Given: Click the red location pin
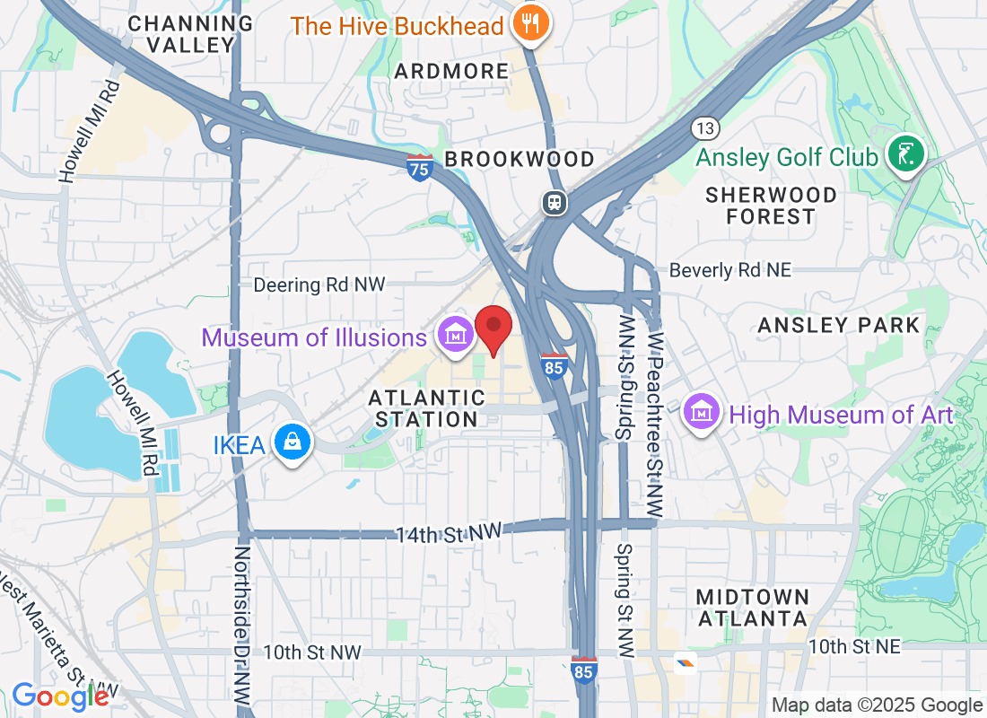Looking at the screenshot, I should point(493,328).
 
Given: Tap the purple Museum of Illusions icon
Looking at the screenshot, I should point(455,335).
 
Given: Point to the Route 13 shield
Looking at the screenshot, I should point(704,127).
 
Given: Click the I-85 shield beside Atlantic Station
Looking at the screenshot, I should point(554,365).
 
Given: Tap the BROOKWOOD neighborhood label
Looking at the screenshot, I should point(520,160).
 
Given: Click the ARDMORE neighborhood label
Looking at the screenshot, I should point(451,71).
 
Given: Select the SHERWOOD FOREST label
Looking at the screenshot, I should point(771,206).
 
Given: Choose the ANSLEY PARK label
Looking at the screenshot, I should point(839,325).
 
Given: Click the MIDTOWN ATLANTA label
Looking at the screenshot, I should point(753,608).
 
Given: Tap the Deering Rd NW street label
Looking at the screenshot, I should point(319,285).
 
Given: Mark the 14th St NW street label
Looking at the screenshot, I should point(449,533).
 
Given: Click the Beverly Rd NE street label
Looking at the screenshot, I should point(730,270).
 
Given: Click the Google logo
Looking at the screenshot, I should point(60,696).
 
